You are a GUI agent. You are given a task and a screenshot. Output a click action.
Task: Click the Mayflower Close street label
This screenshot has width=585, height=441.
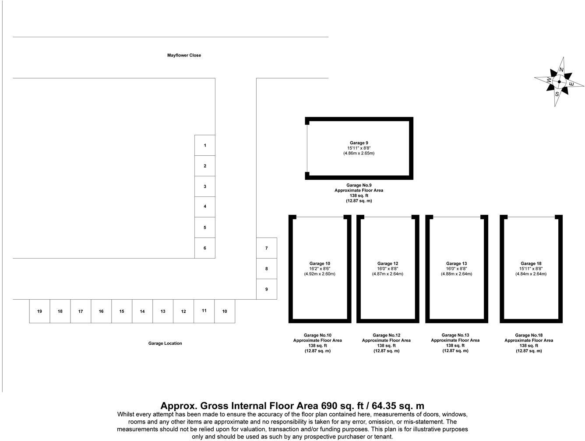point(184,56)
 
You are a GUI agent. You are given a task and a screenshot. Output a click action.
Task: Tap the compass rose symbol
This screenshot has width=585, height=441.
point(559,82)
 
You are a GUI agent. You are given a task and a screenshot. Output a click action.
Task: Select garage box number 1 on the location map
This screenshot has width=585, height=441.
point(205,145)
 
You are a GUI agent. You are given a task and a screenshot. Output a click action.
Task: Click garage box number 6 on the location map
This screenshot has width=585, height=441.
point(205,248)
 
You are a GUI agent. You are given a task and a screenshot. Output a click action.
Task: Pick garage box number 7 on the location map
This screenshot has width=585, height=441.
point(266,248)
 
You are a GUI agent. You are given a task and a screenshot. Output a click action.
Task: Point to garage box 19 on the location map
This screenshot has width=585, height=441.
point(39,311)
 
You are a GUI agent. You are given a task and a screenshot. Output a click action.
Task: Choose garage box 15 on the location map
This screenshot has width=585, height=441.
point(122,311)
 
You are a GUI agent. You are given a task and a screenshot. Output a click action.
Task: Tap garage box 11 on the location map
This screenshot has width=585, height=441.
point(204,311)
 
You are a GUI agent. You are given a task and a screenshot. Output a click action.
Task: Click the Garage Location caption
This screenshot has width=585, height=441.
point(165,343)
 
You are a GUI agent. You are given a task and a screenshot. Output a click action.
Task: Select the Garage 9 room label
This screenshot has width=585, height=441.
point(359,143)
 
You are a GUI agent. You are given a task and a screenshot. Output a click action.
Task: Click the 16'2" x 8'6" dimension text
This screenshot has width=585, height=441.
point(320,269)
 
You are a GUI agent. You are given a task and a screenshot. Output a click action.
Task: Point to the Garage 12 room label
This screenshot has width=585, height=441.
point(388,264)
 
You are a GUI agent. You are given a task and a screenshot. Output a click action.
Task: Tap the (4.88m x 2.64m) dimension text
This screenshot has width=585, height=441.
point(456,274)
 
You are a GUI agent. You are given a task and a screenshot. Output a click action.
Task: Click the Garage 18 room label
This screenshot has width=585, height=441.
point(531,264)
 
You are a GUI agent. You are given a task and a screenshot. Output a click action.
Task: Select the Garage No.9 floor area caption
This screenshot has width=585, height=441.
point(359,193)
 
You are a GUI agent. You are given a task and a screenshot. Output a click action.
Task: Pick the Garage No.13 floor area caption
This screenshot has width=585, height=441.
point(455,343)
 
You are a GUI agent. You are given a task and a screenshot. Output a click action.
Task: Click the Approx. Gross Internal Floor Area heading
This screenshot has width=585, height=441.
point(292,406)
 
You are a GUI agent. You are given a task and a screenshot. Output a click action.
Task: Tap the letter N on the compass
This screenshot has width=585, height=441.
point(562,70)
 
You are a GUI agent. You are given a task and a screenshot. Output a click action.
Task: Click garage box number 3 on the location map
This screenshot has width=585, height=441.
point(205,186)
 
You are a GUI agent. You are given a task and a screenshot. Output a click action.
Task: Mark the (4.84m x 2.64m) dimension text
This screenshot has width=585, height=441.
point(531,274)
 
